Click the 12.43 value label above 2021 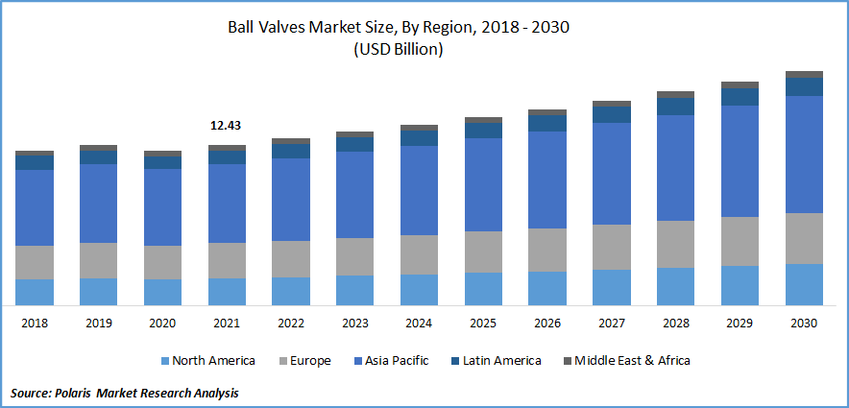point(226,126)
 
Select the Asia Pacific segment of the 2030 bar point(804,154)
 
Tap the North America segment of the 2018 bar point(35,292)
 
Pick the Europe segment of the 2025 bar point(483,252)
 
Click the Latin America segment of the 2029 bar point(740,96)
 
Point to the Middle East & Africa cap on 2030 point(804,74)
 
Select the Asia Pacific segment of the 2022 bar point(291,199)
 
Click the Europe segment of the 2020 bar point(162,262)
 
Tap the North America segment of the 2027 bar point(612,287)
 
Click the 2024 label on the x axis point(419,324)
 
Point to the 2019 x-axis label point(98,324)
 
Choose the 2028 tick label point(675,324)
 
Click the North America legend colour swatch point(164,361)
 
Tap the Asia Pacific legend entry point(396,361)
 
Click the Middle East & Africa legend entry point(631,361)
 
